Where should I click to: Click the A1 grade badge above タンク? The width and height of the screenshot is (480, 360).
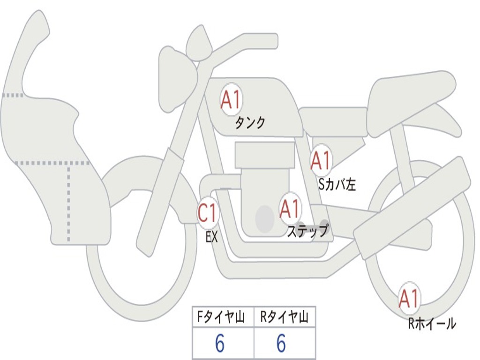(x=231, y=100)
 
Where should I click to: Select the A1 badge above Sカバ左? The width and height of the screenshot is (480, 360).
(x=321, y=161)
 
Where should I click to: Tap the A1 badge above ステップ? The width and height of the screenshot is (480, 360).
(x=290, y=209)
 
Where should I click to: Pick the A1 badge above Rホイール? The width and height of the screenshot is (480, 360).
(x=408, y=299)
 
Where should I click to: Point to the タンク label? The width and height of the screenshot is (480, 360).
(x=250, y=123)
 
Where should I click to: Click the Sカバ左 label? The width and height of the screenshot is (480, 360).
(x=337, y=185)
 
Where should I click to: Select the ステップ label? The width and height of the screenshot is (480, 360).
(x=307, y=231)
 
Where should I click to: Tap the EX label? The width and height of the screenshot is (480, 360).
(x=212, y=237)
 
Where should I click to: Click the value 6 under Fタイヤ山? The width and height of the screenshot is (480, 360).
(x=220, y=344)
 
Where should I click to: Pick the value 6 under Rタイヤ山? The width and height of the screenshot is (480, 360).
(x=281, y=344)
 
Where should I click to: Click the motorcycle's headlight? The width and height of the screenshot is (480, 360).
(x=176, y=80)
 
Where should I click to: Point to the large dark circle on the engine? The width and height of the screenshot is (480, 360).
(x=265, y=218)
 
